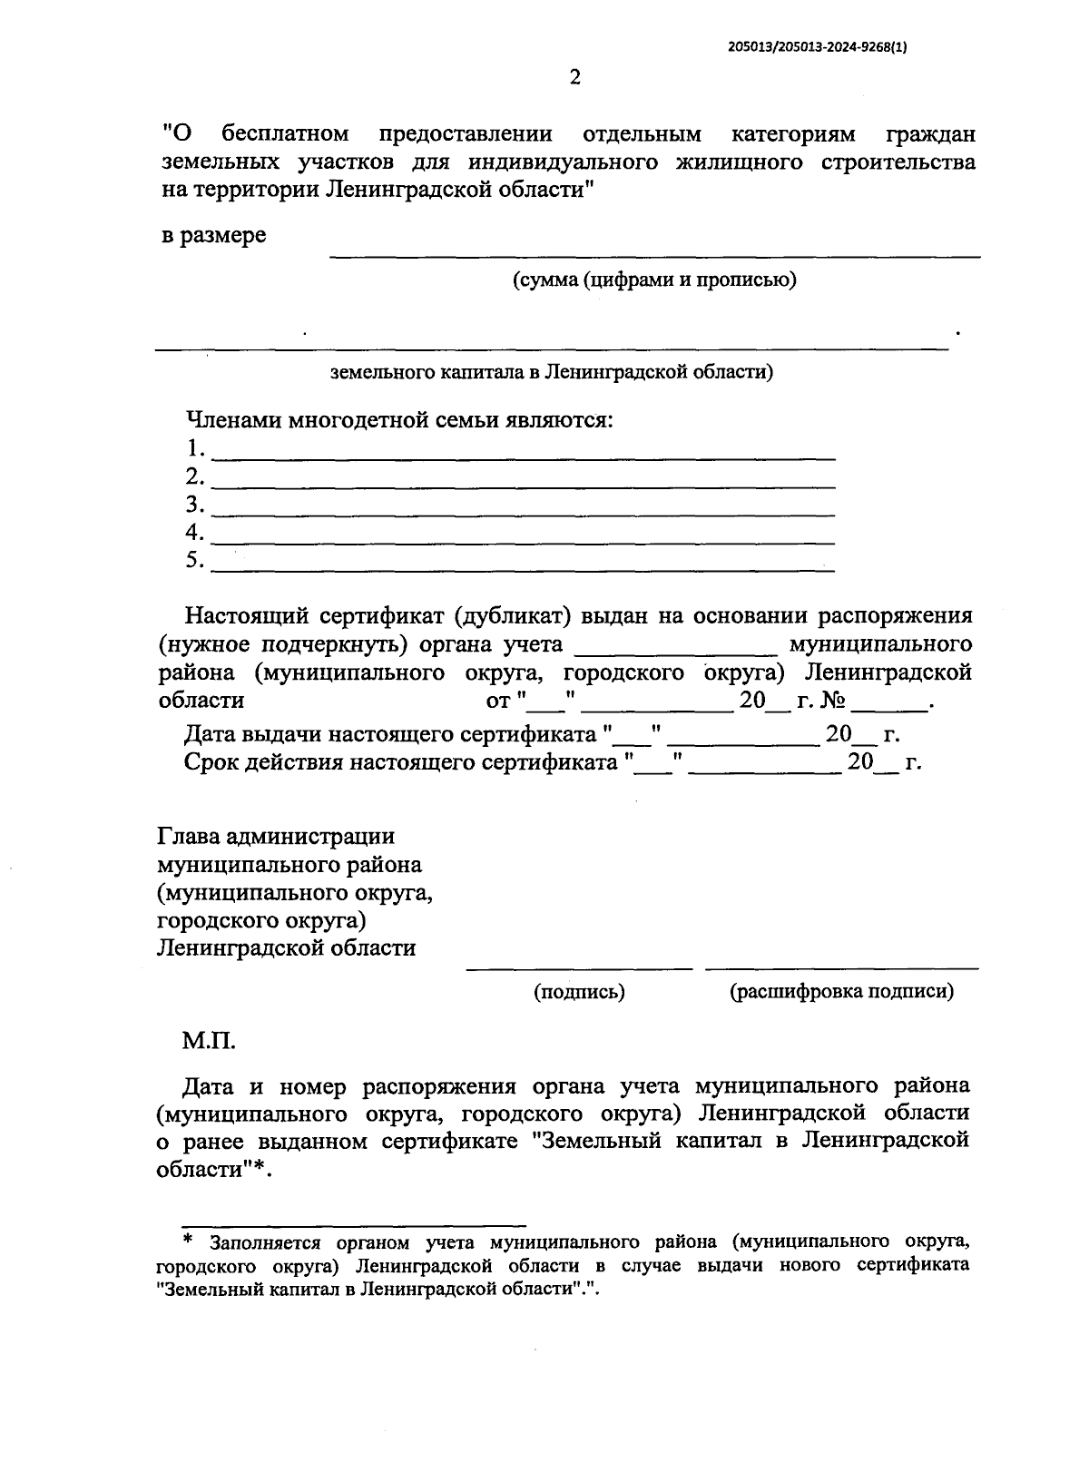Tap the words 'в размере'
(x=213, y=236)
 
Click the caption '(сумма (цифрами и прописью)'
(x=653, y=280)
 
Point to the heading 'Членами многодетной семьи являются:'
(x=399, y=420)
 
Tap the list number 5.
(x=194, y=560)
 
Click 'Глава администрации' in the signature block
(x=276, y=836)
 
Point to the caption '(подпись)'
(x=579, y=992)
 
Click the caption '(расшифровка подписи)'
(x=841, y=992)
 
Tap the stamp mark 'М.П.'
(x=209, y=1040)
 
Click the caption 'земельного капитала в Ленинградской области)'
(x=551, y=372)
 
